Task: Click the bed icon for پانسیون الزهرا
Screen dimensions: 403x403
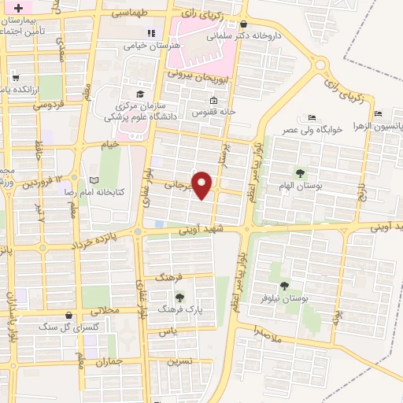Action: [x=379, y=113]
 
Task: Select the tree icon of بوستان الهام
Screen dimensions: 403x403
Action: [x=299, y=172]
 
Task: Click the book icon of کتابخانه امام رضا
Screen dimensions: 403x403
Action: [x=94, y=180]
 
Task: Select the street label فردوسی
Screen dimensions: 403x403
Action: [x=50, y=104]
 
